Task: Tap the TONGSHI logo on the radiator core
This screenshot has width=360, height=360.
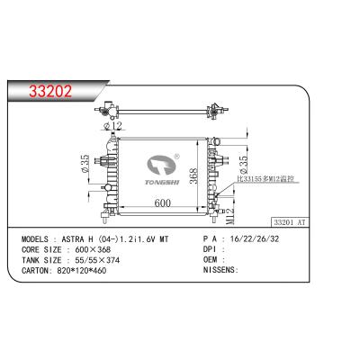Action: click(x=164, y=166)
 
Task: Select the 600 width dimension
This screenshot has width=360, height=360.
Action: click(x=162, y=203)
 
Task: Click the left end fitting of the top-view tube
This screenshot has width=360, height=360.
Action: click(x=109, y=112)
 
